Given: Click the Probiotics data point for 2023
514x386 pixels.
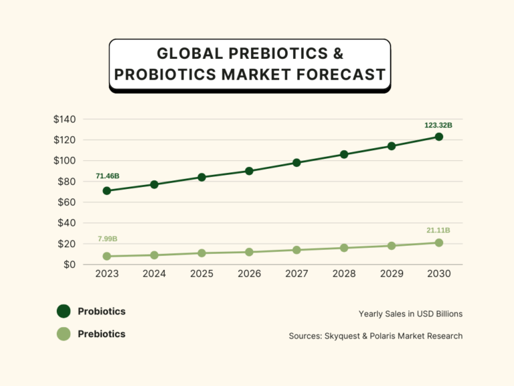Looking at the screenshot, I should coord(106,191).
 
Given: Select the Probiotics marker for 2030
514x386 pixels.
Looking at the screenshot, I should coord(439,137).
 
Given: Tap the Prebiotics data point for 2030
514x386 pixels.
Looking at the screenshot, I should coord(439,243).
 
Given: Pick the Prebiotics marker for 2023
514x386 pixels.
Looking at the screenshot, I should coord(106,256).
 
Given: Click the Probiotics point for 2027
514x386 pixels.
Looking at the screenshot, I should coord(296,163).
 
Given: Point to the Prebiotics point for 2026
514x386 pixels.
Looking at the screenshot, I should coord(249,252).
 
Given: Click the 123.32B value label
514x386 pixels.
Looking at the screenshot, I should coord(438,125).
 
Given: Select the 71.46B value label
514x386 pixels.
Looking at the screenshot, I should coord(108,176).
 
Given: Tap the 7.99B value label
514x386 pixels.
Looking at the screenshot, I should coord(108,239).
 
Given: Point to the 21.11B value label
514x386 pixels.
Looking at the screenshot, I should coord(438,231).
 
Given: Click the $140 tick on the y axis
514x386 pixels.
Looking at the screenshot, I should coord(65,119).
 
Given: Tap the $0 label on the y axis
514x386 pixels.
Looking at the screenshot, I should coord(70,265).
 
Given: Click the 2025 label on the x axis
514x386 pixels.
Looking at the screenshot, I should coord(201,274).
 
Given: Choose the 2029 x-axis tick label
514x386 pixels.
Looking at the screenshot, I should coord(392,274).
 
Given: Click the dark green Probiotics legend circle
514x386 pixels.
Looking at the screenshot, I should coord(64,311).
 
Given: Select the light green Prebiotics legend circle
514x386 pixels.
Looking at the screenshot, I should coord(64,334).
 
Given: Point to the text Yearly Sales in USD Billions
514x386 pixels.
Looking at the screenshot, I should coord(410,314).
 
